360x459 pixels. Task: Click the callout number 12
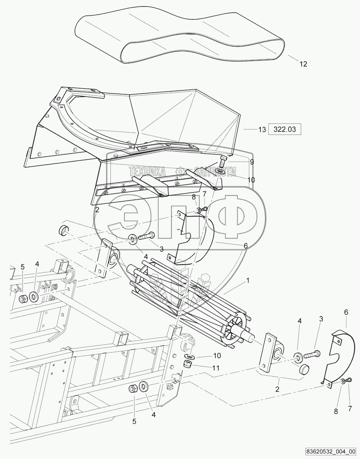[x=303, y=65]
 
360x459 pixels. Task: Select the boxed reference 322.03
[x=285, y=129]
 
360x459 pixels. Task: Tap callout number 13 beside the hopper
[x=262, y=130]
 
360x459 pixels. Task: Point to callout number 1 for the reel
[x=248, y=280]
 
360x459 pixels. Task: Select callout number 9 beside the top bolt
[x=252, y=162]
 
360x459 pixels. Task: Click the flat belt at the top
[x=179, y=36]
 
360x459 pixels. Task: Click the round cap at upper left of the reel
[x=63, y=231]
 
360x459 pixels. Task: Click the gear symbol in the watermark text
[x=180, y=171]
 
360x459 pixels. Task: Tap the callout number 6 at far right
[x=346, y=312]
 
